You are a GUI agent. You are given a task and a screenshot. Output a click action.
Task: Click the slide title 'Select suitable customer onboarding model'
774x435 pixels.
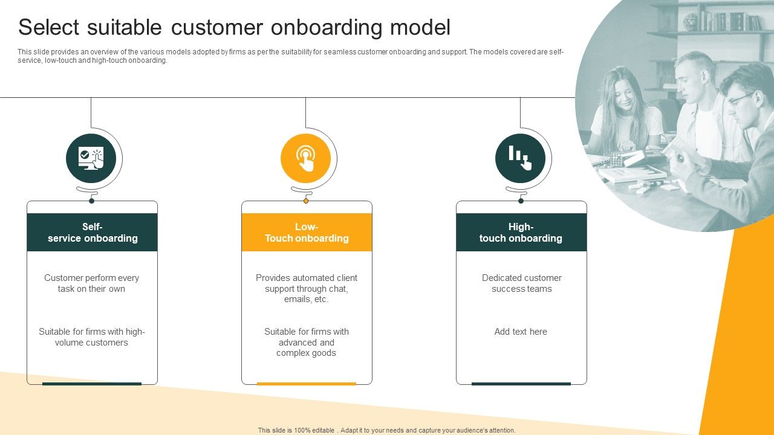(234, 28)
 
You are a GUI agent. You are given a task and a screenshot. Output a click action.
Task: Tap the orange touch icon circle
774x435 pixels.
(305, 158)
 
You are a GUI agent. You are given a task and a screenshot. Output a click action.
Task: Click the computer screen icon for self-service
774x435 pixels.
(91, 158)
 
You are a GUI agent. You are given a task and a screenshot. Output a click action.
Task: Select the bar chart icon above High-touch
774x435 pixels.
(520, 158)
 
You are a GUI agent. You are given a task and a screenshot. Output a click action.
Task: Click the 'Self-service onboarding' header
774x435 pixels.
(93, 233)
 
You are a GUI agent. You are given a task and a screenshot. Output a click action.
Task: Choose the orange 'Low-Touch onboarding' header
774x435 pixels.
(307, 233)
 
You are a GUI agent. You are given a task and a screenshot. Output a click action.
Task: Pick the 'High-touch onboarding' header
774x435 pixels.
(521, 233)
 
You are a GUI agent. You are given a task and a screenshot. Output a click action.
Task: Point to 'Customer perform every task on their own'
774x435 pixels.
(92, 283)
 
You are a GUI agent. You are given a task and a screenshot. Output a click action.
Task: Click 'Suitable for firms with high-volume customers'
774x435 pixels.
(92, 337)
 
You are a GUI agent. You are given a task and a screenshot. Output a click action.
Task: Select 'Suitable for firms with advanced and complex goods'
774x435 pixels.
(307, 342)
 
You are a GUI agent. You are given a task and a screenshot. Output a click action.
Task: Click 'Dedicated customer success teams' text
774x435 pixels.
(521, 283)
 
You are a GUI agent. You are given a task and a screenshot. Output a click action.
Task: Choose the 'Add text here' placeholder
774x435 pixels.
(521, 332)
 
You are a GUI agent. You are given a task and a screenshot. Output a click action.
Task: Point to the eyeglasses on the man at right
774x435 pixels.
(741, 98)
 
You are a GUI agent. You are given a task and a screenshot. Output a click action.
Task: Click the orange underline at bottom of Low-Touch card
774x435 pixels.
(307, 384)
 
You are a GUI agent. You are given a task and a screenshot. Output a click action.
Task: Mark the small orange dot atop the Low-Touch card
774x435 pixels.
(306, 201)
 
